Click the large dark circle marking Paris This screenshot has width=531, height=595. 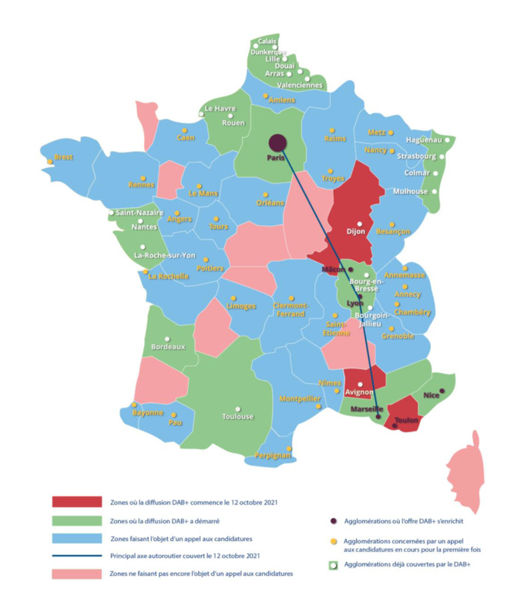pos(277,143)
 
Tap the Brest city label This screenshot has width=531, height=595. pos(63,156)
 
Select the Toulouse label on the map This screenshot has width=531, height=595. pos(237,416)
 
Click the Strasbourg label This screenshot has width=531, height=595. pos(416,156)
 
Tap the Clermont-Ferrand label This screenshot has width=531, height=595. pos(291,308)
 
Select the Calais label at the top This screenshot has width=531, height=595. pos(267,41)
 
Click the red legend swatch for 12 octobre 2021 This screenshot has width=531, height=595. pos(77,502)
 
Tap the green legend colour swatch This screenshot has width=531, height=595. pos(77,520)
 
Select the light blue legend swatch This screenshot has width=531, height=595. pos(77,538)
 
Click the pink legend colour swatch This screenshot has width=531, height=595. pos(77,573)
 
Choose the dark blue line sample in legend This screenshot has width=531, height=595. pos(77,556)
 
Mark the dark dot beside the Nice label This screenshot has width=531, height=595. pos(442,390)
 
